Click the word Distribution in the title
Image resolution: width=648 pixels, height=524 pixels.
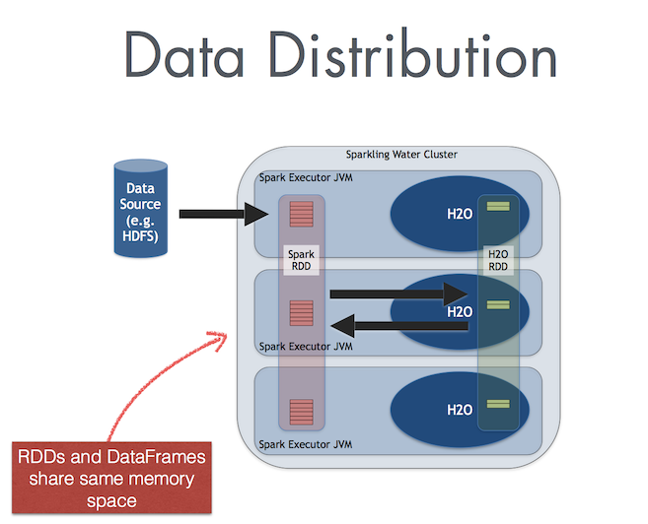click(402, 55)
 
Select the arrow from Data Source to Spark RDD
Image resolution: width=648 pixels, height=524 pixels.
click(226, 212)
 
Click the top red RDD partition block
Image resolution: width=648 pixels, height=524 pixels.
click(300, 213)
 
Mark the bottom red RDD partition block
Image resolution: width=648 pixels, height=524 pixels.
click(300, 411)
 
